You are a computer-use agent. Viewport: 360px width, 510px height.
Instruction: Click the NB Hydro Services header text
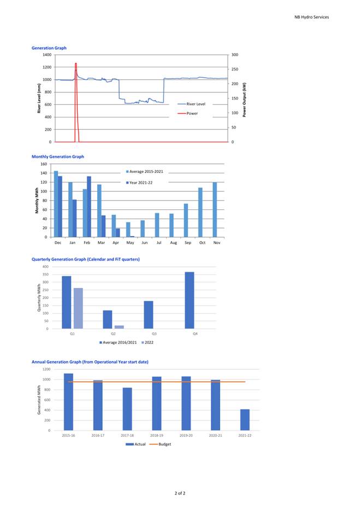311,17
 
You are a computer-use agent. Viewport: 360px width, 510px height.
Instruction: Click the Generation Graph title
49,48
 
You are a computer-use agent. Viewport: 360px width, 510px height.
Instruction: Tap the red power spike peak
76,63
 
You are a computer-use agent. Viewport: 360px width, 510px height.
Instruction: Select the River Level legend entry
191,104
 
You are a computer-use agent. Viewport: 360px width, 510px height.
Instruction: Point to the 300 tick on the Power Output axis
234,55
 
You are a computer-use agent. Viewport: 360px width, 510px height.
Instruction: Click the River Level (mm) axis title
39,98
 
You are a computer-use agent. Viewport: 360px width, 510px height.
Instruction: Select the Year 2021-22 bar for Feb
89,207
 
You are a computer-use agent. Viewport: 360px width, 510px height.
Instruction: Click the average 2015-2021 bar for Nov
215,209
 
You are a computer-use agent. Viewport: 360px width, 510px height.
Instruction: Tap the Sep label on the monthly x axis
188,243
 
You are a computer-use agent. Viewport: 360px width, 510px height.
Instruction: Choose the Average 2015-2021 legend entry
145,172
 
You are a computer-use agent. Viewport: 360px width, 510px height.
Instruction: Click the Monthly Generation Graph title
58,156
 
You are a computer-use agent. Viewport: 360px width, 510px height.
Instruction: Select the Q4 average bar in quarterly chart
190,300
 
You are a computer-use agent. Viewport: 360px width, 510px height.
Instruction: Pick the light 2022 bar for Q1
78,308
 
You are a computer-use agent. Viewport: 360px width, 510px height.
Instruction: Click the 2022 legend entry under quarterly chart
147,343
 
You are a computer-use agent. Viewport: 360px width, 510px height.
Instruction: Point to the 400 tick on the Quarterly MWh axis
45,267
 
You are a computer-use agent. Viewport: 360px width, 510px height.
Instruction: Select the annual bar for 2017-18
127,409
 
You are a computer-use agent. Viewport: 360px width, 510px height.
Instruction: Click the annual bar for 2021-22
245,420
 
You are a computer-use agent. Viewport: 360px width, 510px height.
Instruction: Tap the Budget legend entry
160,444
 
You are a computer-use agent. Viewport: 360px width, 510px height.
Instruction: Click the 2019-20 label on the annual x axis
186,436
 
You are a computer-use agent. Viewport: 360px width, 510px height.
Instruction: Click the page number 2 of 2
180,493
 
